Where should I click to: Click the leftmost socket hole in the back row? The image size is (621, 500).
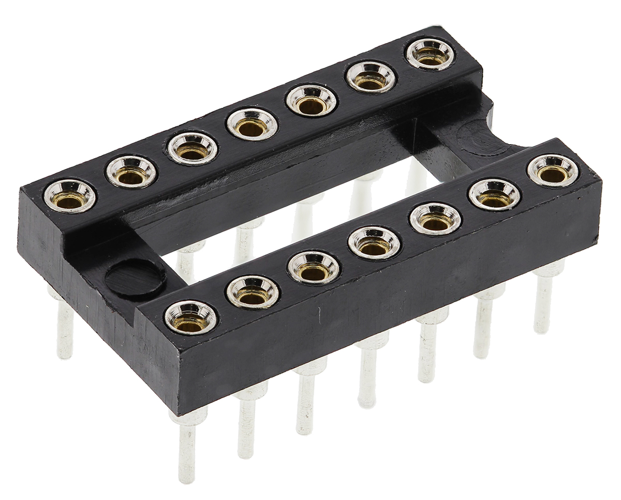pos(69,196)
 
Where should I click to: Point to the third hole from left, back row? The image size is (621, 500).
pos(192,148)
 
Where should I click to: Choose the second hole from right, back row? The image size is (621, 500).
pos(371,77)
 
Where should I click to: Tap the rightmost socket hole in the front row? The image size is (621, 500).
pos(553,171)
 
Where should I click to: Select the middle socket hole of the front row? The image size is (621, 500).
pos(374,243)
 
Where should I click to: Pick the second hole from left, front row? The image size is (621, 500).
pos(253,292)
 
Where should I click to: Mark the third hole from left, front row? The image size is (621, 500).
pos(314,267)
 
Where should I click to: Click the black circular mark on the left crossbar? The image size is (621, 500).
pos(136,278)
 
